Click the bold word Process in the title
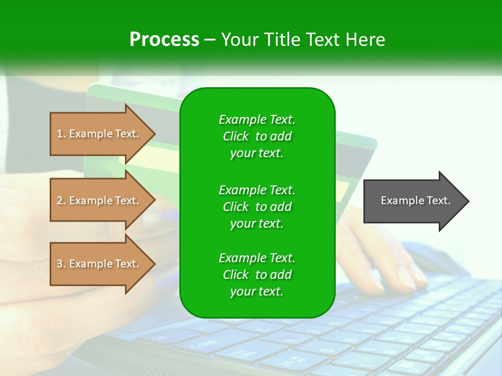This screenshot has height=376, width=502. pos(164,40)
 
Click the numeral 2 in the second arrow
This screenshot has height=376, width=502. pos(59,201)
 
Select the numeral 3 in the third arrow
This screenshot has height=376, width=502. pos(59,264)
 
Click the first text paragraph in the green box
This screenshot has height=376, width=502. pos(257,136)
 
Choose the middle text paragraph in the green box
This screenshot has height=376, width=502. pos(257,206)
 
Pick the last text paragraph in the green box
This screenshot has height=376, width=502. pos(257,275)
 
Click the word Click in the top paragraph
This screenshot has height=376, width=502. pos(235,136)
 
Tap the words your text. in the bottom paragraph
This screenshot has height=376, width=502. pos(257,292)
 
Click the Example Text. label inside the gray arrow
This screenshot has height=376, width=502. pos(416,201)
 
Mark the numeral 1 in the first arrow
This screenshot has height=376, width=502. pos(59,134)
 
